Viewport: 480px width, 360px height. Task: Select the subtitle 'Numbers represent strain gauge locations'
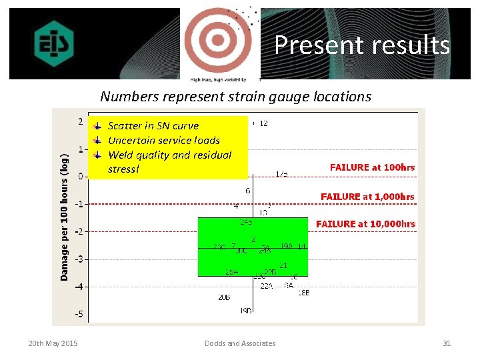235,96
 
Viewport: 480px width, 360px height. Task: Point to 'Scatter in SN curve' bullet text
153,125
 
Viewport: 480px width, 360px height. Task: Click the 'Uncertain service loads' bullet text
163,140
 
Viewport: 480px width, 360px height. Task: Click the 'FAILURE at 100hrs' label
372,167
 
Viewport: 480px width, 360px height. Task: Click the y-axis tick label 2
80,121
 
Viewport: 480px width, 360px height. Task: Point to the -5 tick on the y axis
79,314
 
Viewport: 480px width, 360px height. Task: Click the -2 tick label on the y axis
79,231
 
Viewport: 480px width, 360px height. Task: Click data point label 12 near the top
263,123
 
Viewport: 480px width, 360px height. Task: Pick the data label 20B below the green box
224,297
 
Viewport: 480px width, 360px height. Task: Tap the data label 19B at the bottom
246,311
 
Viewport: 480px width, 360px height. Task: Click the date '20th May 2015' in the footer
53,343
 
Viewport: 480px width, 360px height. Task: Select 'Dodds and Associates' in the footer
239,343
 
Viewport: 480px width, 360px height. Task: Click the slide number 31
447,343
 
